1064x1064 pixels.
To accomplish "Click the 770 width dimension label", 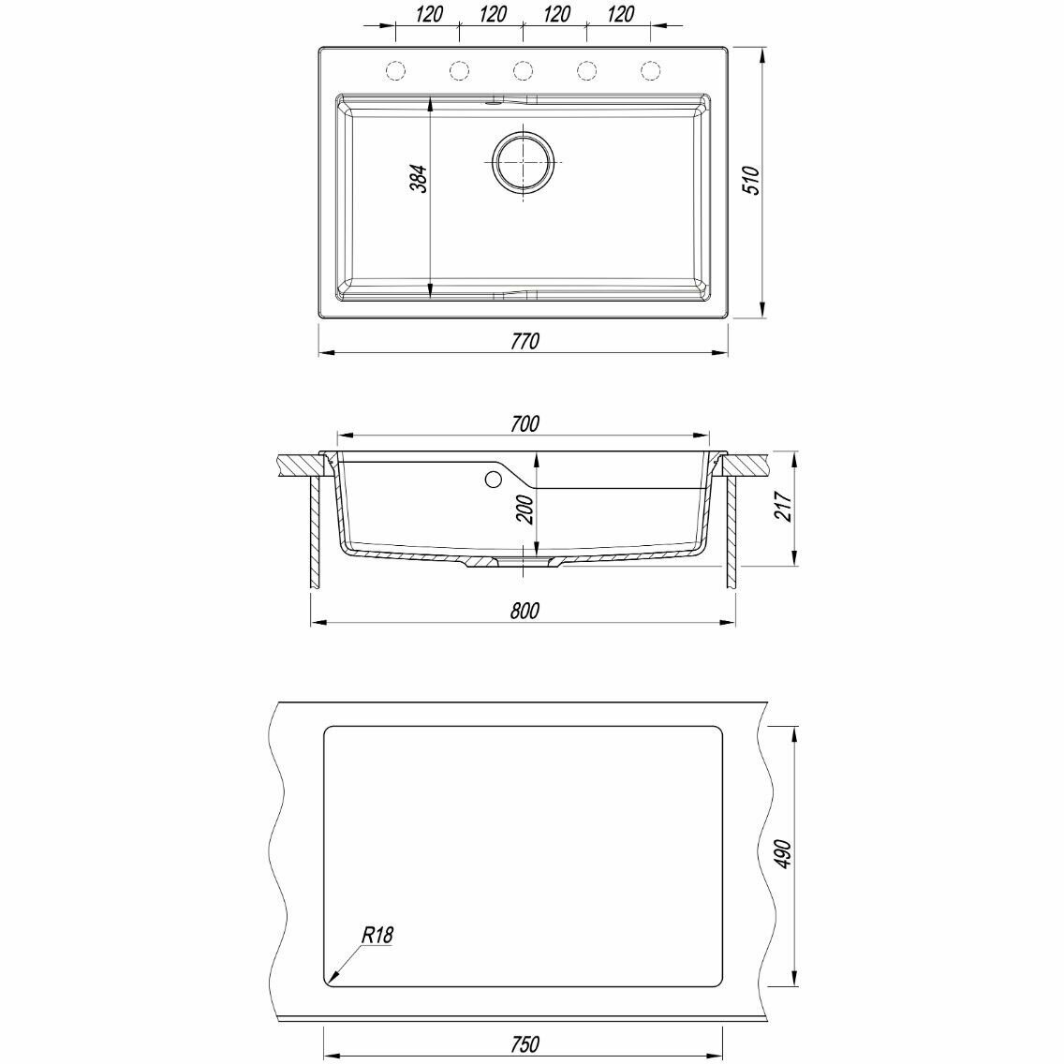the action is pyautogui.click(x=525, y=341).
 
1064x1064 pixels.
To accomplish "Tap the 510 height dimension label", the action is pyautogui.click(x=752, y=180).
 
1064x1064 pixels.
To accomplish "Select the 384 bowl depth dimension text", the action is pyautogui.click(x=419, y=179).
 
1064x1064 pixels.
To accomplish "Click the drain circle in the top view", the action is pyautogui.click(x=523, y=163).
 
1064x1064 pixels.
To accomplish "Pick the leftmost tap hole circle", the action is pyautogui.click(x=395, y=70).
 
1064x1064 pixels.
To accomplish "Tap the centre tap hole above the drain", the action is pyautogui.click(x=523, y=70).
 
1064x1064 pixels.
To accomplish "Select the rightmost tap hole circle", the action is pyautogui.click(x=650, y=70).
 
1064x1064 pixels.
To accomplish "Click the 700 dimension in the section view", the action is pyautogui.click(x=525, y=423).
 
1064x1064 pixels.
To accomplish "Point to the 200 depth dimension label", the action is pyautogui.click(x=525, y=509).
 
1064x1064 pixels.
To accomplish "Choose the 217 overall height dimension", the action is pyautogui.click(x=784, y=506).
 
